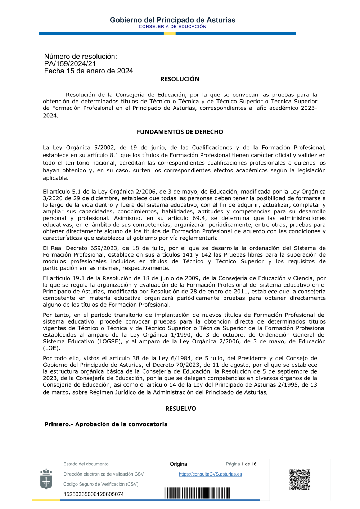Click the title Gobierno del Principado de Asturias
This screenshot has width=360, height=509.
172,20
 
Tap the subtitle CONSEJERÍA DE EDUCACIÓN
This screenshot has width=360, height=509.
172,27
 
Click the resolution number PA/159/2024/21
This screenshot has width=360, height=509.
70,64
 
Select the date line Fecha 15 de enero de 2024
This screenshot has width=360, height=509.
89,71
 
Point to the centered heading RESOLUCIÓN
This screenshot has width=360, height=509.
180,79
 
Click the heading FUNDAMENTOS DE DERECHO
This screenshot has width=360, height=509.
180,132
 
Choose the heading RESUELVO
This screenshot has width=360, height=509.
181,409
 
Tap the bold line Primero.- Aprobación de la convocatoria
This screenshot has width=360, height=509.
106,424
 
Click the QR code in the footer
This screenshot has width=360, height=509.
300,479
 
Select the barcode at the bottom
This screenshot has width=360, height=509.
197,493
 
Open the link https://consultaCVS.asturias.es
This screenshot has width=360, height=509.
210,474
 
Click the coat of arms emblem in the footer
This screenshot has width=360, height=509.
46,479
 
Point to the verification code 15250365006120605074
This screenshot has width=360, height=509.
94,494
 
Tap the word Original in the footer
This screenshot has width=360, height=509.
179,464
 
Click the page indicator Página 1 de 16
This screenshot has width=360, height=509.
241,464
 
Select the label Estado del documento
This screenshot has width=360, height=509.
86,464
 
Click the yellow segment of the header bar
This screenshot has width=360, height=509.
170,33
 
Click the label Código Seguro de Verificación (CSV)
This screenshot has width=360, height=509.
101,484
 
